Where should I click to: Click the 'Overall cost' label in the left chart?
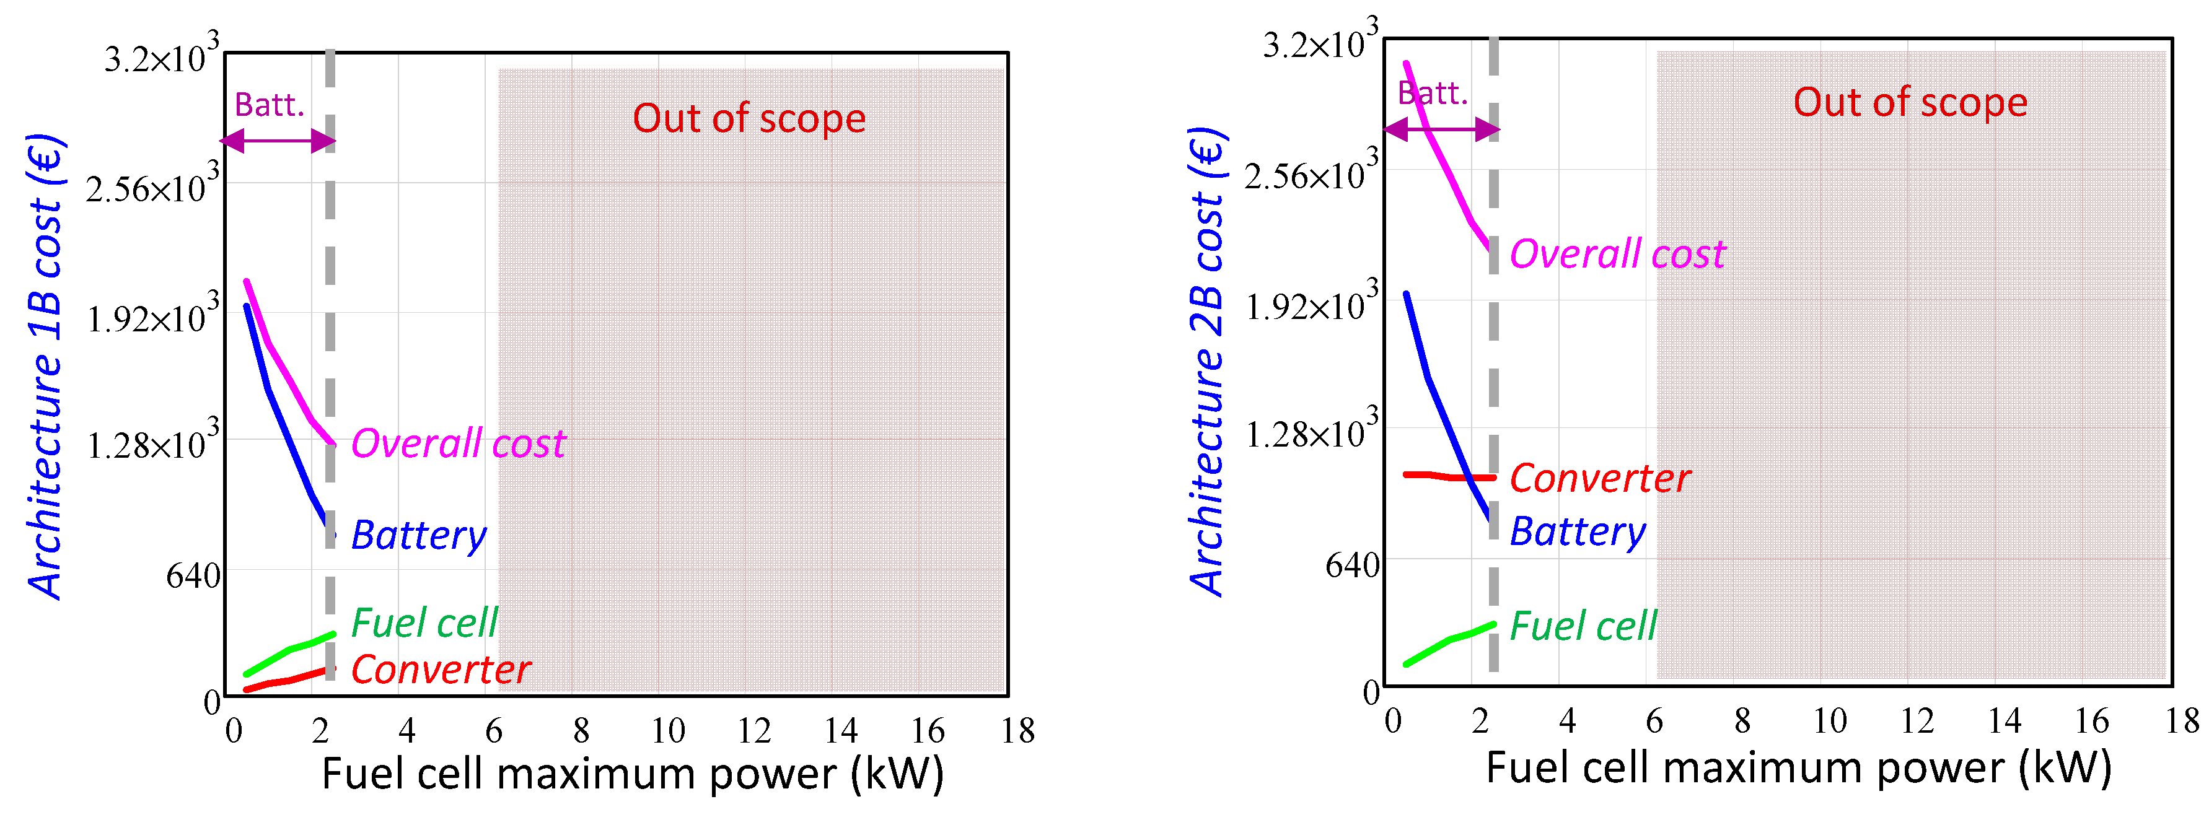(458, 444)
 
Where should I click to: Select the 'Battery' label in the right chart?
(1577, 531)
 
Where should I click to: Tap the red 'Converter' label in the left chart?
(441, 670)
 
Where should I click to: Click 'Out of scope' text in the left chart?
(749, 118)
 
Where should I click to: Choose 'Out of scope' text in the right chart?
(1910, 102)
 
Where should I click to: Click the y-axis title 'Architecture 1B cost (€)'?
(46, 367)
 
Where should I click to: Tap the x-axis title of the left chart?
(632, 774)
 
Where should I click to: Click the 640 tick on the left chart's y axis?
(193, 576)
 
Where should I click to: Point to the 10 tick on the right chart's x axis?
(1829, 721)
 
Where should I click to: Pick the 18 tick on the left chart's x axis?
(1017, 731)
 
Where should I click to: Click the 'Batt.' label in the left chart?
(270, 105)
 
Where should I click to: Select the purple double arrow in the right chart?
(1441, 130)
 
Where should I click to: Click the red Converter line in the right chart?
(1449, 476)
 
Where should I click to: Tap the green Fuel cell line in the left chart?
(288, 652)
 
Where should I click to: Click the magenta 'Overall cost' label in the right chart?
(1617, 255)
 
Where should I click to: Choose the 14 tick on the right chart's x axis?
(2004, 721)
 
